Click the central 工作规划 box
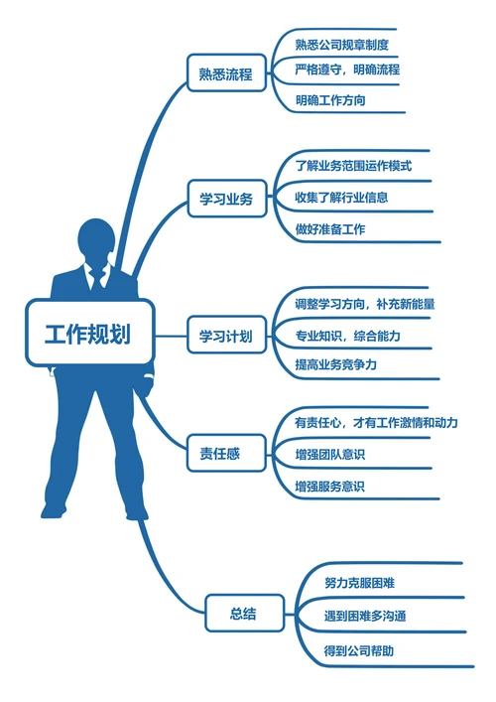[x=90, y=334]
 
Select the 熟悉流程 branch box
[x=226, y=72]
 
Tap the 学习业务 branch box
[x=226, y=199]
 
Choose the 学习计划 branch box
[x=226, y=335]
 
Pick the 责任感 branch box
[x=226, y=455]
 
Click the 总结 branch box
[x=244, y=613]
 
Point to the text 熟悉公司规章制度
[x=341, y=44]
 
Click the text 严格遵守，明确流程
[x=347, y=70]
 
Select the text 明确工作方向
[x=335, y=100]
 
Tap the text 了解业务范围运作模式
[x=353, y=165]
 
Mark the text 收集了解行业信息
[x=341, y=197]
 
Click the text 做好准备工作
[x=329, y=229]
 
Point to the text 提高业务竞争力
[x=335, y=365]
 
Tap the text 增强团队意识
[x=329, y=455]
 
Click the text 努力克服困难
[x=366, y=582]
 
